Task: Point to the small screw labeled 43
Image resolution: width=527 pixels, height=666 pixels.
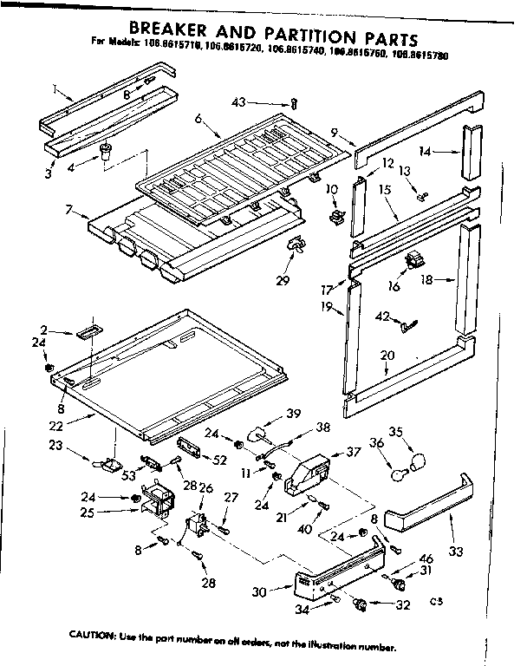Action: tap(294, 103)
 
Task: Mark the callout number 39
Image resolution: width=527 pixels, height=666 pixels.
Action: tap(293, 413)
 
